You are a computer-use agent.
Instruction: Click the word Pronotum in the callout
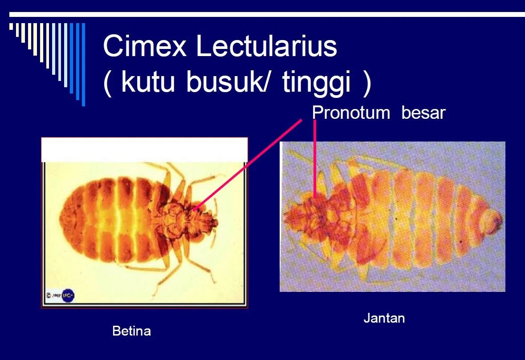(351, 113)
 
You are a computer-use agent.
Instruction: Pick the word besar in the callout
(423, 113)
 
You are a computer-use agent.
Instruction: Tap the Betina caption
(131, 331)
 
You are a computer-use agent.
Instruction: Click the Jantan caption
(384, 318)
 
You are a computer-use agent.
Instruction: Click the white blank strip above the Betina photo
(144, 150)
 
